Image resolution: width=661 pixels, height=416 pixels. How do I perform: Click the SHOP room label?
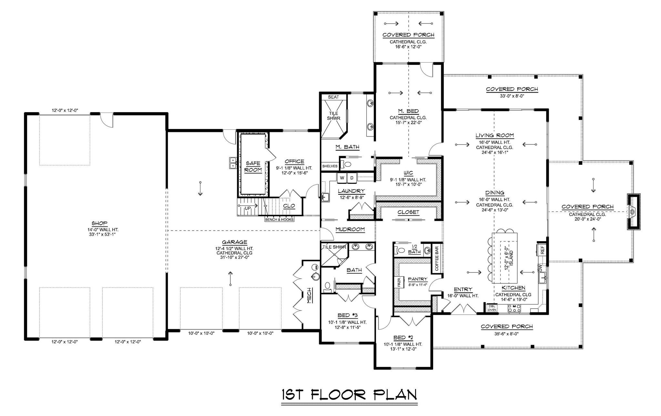[99, 223]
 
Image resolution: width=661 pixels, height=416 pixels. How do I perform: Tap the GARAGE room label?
[235, 242]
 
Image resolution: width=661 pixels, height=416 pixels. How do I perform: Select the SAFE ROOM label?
[253, 167]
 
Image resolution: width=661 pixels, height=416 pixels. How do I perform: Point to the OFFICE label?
[294, 162]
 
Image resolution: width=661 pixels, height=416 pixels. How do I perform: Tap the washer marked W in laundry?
[342, 178]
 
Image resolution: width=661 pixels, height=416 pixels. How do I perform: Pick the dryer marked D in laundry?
[352, 178]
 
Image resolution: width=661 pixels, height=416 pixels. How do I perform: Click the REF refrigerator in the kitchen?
[542, 250]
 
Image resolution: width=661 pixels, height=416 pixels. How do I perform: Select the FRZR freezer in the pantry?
[399, 282]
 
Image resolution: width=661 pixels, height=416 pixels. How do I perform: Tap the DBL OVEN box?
[492, 308]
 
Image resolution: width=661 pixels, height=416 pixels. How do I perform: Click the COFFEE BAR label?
[437, 259]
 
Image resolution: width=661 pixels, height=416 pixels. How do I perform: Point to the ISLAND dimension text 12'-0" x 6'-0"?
[506, 257]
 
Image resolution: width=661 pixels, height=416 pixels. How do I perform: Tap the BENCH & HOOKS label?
[279, 220]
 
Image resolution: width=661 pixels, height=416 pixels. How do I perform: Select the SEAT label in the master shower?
[333, 97]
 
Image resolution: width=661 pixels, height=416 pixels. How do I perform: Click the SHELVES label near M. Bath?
[330, 166]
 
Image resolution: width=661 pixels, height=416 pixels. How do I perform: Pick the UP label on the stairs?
[248, 208]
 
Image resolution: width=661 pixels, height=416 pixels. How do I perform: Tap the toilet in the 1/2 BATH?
[401, 250]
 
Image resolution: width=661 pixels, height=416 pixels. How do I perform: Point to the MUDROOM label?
[350, 229]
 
